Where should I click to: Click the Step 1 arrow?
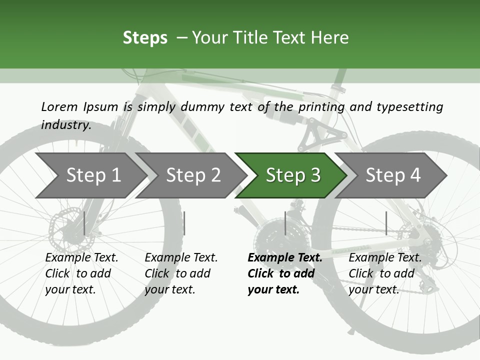click(90, 175)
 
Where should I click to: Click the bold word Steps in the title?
click(145, 38)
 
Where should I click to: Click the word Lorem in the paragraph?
click(59, 106)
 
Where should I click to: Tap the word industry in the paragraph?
click(66, 124)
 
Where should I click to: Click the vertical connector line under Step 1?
click(84, 223)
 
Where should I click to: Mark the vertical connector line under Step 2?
click(184, 223)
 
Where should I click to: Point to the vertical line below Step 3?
click(285, 223)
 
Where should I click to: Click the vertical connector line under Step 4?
click(386, 223)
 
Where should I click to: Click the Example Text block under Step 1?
click(81, 273)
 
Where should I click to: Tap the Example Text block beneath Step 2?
click(181, 273)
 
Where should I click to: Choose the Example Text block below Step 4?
click(385, 273)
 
